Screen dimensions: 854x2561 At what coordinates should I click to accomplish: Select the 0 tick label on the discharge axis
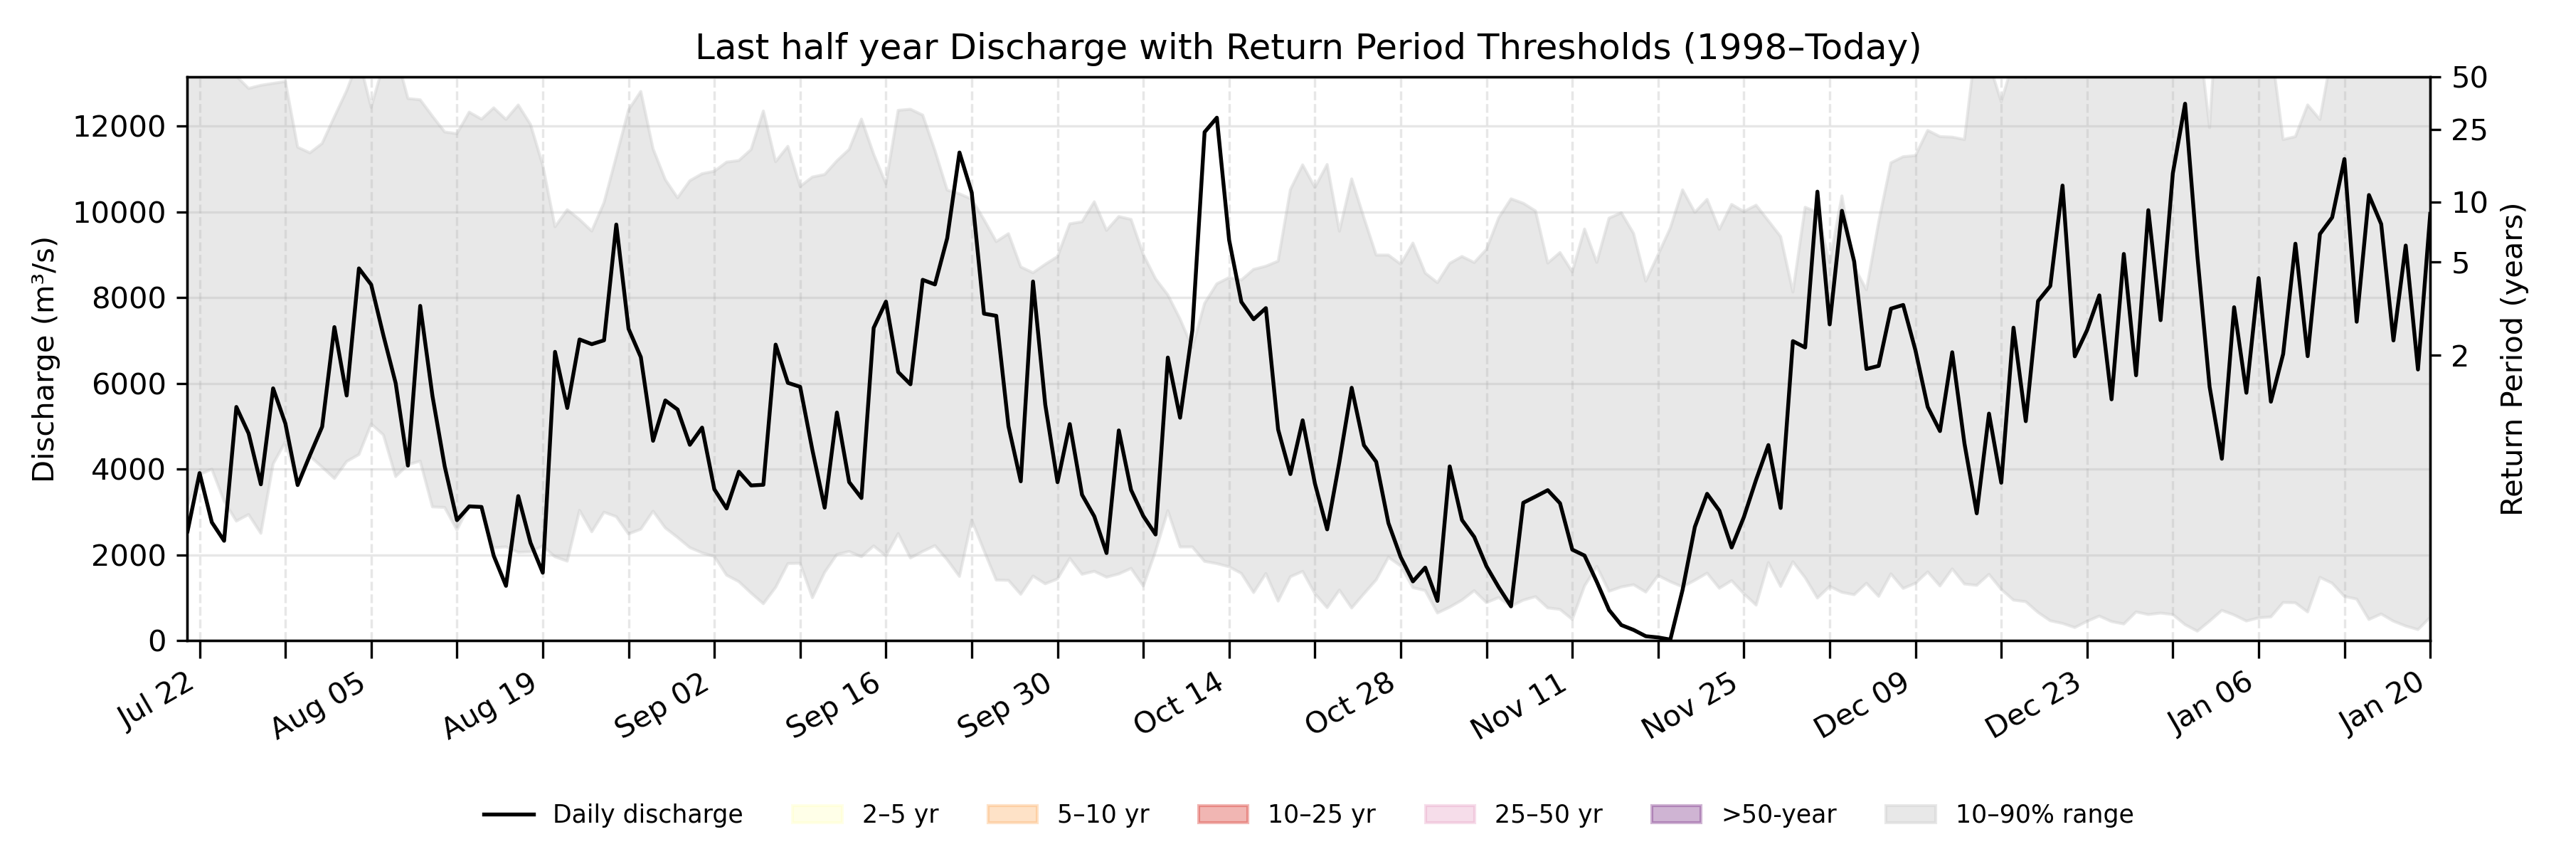[x=157, y=641]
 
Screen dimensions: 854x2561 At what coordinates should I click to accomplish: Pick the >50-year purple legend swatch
[x=1676, y=814]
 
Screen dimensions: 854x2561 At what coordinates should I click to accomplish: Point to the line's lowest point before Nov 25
[x=1670, y=638]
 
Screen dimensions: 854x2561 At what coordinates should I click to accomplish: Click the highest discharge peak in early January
[x=2184, y=103]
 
